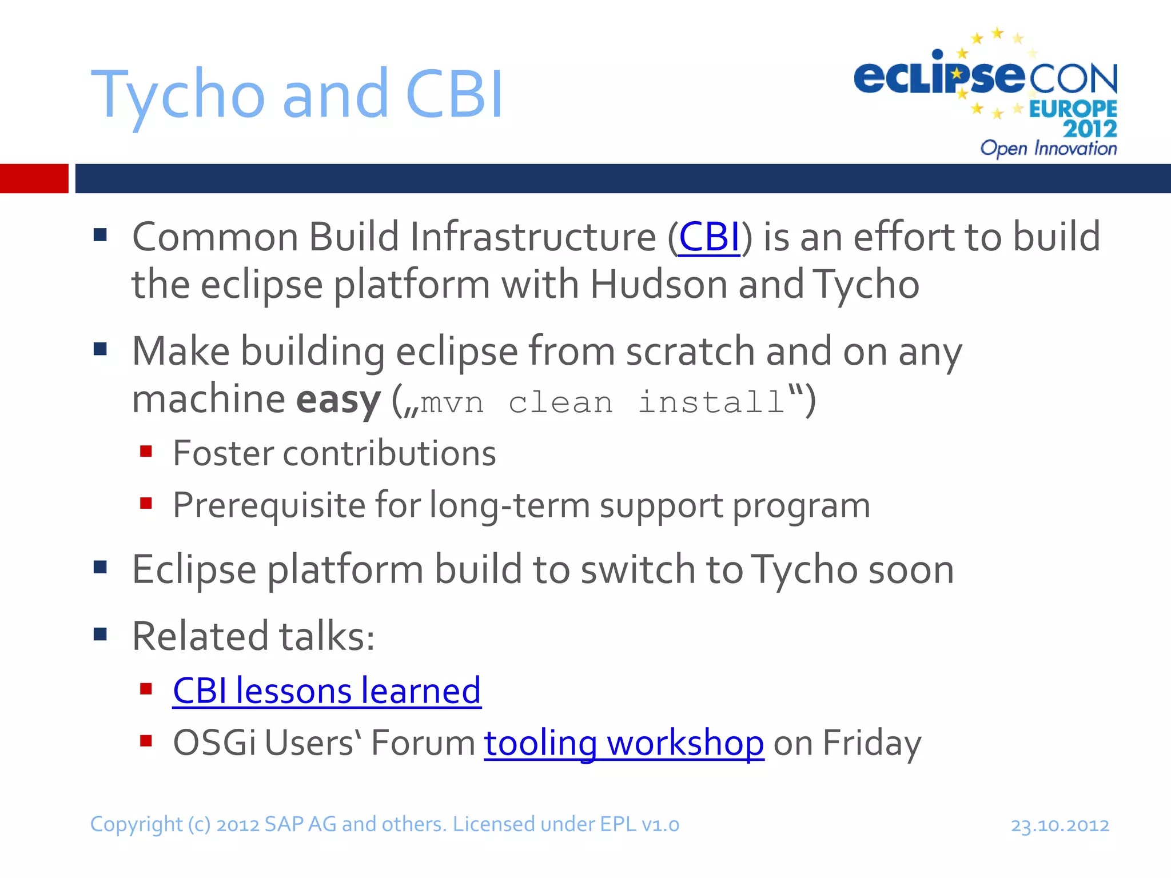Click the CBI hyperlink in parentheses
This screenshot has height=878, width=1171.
(x=708, y=237)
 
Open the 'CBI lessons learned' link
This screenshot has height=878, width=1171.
(x=326, y=691)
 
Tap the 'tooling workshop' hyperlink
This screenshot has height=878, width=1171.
(x=623, y=743)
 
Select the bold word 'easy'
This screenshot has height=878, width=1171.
(x=338, y=400)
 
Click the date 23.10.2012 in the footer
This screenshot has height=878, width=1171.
(x=1060, y=825)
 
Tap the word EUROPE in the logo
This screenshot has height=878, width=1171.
(x=1073, y=109)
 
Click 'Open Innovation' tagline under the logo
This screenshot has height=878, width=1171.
(x=1048, y=149)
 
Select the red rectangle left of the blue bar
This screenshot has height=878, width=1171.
(x=34, y=178)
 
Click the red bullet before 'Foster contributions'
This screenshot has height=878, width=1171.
(x=146, y=452)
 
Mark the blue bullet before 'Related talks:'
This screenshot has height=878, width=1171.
(x=101, y=634)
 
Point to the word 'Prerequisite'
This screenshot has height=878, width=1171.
(x=269, y=505)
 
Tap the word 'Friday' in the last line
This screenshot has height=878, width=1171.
(x=871, y=743)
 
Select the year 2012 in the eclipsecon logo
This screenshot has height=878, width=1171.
(x=1090, y=129)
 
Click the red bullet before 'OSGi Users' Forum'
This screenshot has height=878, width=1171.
(x=146, y=741)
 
